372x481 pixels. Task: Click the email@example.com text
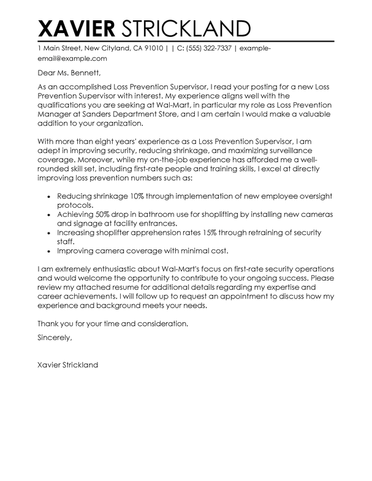[x=64, y=59]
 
